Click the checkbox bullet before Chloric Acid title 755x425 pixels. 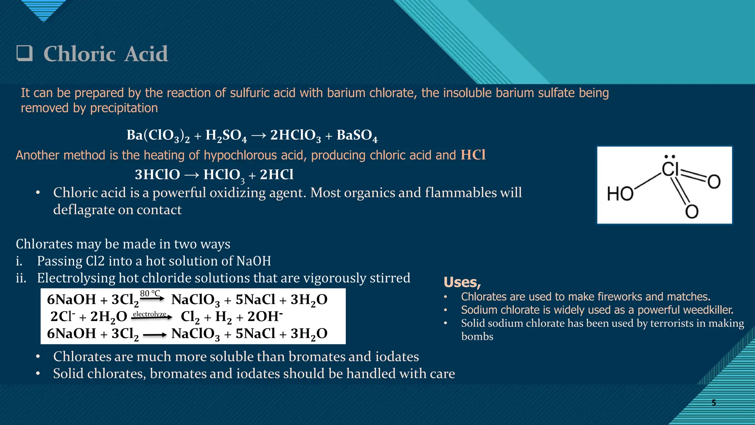click(25, 54)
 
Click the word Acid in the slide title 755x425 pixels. click(146, 54)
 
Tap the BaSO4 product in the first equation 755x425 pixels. click(357, 135)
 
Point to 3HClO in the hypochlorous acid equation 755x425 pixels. click(157, 175)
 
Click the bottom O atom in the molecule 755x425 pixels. click(692, 212)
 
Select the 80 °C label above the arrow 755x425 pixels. click(150, 293)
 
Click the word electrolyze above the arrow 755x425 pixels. click(149, 314)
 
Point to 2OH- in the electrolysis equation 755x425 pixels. click(265, 317)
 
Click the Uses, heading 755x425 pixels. click(462, 282)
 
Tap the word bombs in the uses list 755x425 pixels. click(477, 336)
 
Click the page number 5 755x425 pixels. click(714, 402)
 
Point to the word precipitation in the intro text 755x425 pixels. click(124, 108)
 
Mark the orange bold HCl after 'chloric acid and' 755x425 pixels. click(473, 155)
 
